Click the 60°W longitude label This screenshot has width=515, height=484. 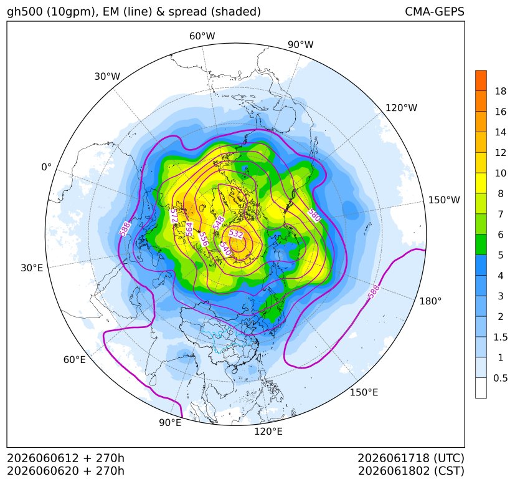[x=202, y=36]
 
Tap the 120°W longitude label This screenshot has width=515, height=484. [x=401, y=108]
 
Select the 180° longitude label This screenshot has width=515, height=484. [x=430, y=301]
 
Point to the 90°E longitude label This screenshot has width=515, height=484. [x=170, y=423]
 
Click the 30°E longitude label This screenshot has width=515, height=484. [x=32, y=268]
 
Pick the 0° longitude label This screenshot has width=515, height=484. [x=46, y=167]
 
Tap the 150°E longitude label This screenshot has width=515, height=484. [x=364, y=392]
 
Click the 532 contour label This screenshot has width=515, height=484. [x=236, y=234]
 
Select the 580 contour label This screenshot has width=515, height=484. [x=314, y=215]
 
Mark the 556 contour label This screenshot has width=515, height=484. [x=204, y=240]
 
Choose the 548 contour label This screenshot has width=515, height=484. [x=219, y=223]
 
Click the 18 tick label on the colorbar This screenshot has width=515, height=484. [x=501, y=92]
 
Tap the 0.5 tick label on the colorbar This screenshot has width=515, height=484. [x=500, y=378]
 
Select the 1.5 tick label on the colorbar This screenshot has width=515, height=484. [x=500, y=337]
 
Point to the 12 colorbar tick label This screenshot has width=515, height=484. [x=501, y=153]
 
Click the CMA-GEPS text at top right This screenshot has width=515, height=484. [x=435, y=12]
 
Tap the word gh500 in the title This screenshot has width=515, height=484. [x=25, y=12]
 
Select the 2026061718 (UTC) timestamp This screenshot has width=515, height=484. [x=411, y=458]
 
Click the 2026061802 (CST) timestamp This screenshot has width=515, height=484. [x=411, y=471]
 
